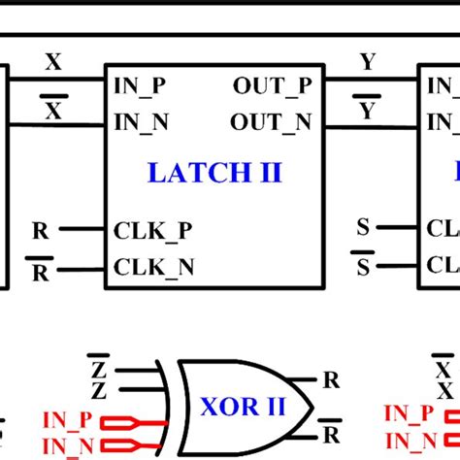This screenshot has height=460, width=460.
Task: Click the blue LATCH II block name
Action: click(214, 173)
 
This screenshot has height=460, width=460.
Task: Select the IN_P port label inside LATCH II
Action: click(140, 85)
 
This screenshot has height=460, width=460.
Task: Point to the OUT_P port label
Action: click(272, 85)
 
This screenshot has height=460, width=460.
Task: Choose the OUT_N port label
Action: click(272, 122)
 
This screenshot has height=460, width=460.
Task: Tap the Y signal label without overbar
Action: click(367, 64)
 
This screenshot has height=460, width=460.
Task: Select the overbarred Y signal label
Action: click(367, 111)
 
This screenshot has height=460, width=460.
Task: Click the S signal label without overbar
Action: click(363, 228)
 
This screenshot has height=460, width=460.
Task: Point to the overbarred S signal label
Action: click(363, 266)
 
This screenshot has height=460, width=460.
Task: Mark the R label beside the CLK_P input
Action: click(40, 231)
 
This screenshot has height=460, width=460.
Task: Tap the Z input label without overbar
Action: click(97, 391)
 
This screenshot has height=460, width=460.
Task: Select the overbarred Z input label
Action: click(97, 369)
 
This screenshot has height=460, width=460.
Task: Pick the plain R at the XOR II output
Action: click(332, 380)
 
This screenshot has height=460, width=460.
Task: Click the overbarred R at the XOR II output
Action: click(332, 432)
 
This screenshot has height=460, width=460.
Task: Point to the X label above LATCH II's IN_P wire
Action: click(53, 64)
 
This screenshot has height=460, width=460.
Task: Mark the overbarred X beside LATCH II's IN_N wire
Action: click(53, 111)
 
